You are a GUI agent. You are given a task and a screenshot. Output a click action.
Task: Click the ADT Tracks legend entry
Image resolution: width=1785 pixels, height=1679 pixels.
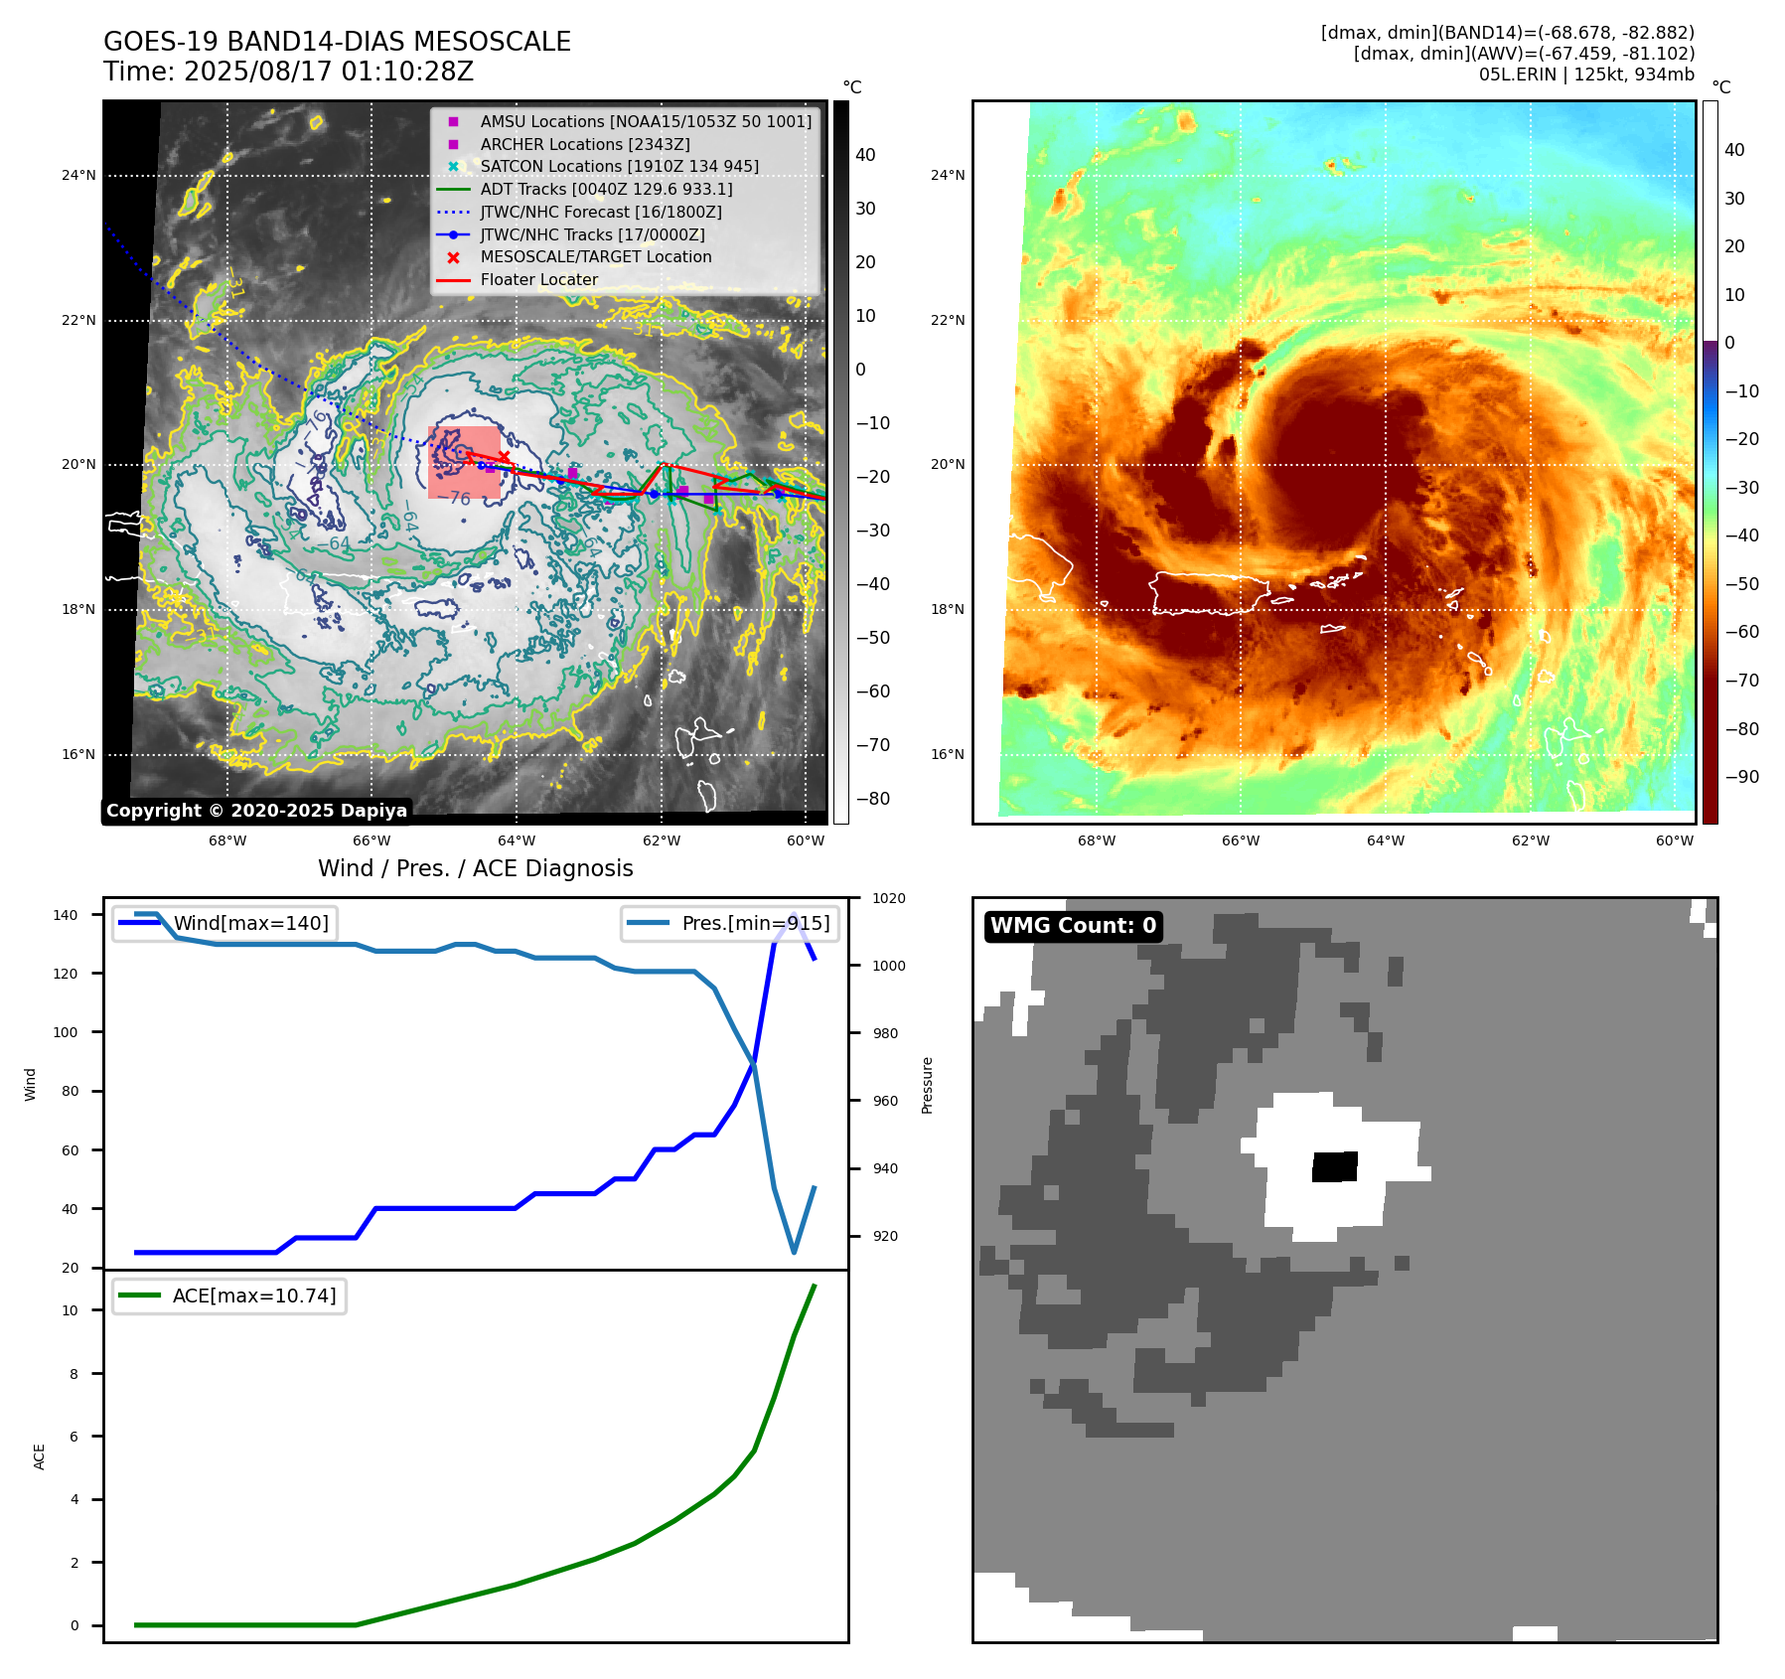[x=606, y=189]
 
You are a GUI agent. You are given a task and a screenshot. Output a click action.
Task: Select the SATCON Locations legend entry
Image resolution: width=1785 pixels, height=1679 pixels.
[x=619, y=166]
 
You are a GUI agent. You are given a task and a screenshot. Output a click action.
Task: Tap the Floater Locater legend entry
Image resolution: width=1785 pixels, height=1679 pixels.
[x=538, y=280]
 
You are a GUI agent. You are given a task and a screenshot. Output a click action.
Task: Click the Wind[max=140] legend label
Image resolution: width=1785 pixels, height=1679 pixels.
[x=250, y=923]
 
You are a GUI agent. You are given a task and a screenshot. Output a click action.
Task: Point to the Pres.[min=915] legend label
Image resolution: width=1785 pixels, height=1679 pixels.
[x=755, y=923]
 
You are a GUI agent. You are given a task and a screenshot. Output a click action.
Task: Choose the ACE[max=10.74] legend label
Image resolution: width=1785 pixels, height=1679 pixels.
[x=253, y=1296]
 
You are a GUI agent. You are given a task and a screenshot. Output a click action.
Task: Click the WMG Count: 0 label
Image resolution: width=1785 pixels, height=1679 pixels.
[x=1073, y=926]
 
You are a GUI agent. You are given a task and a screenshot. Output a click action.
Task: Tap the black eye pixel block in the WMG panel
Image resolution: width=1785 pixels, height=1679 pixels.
[x=1334, y=1166]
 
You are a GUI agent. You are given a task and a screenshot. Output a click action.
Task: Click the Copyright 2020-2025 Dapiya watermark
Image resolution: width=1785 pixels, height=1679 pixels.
[x=256, y=811]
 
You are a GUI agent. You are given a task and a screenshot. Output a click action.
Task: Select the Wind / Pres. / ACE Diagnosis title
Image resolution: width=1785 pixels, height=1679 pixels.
[x=475, y=868]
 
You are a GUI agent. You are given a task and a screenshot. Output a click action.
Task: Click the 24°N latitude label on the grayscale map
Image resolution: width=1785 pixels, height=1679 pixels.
[x=78, y=176]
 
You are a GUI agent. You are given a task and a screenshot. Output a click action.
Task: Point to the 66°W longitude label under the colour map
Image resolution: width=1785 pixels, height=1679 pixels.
[x=1241, y=840]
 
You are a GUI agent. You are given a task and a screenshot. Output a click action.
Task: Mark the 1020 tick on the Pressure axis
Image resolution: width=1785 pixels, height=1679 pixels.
[x=888, y=898]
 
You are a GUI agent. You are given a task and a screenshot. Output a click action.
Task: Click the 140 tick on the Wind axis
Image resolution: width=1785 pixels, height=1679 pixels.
[x=66, y=915]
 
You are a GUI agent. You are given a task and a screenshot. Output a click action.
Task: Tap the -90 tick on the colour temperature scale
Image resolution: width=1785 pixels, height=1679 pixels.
[x=1741, y=777]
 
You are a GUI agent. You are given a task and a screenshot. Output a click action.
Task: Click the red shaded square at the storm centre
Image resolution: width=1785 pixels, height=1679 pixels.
[x=464, y=462]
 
